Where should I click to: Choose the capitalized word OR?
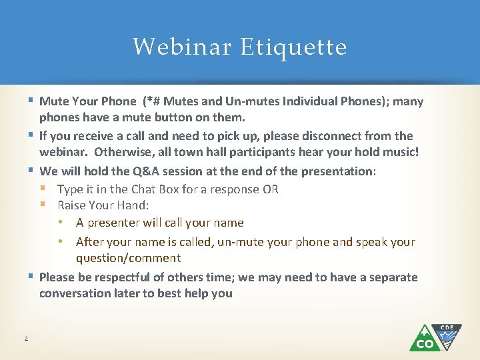[x=270, y=189]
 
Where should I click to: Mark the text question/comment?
[x=128, y=258]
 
